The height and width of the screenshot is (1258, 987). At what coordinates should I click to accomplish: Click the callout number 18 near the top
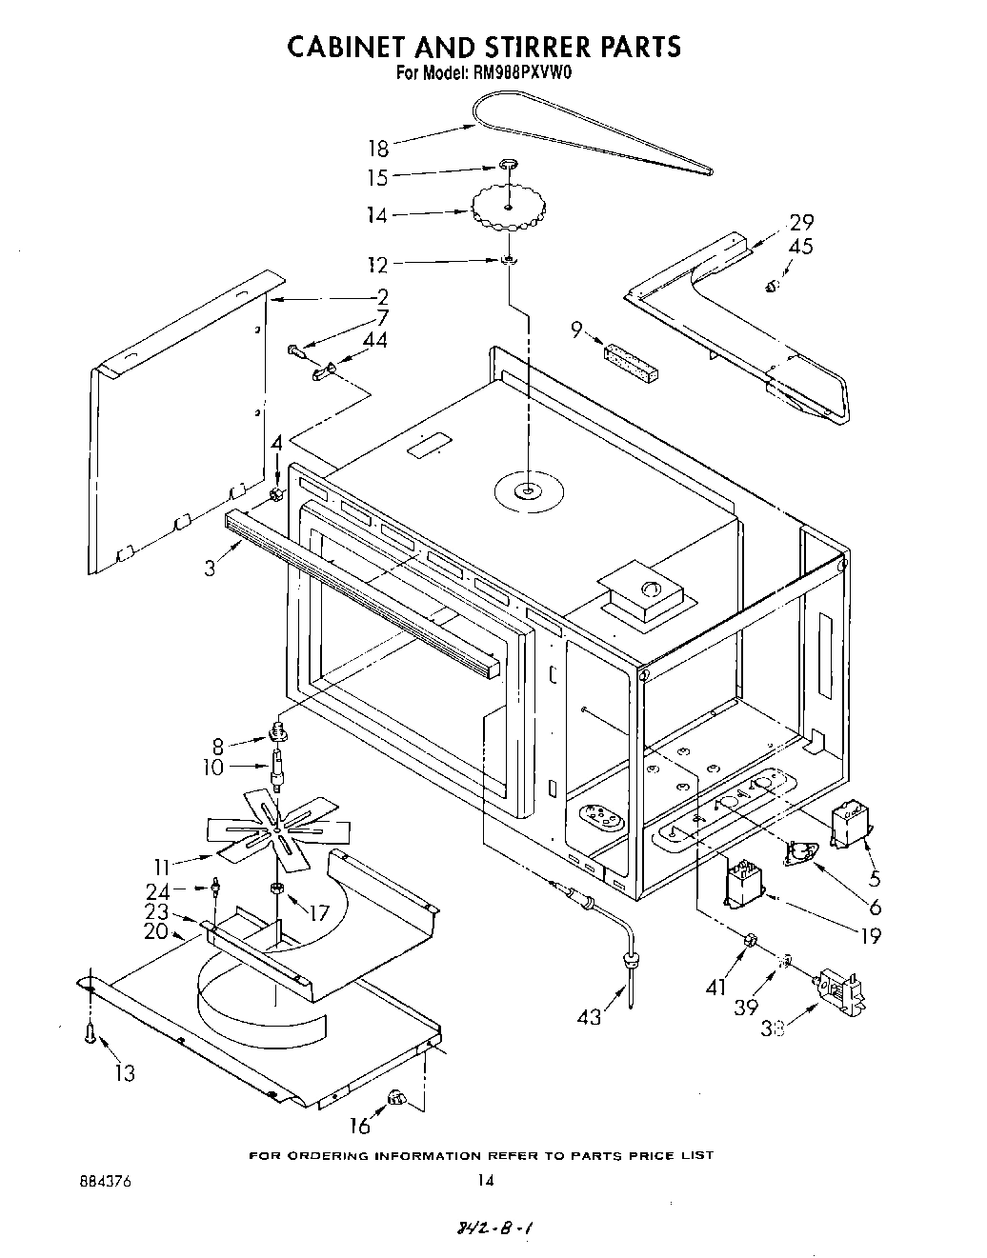point(378,149)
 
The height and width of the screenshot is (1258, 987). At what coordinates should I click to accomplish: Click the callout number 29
point(801,222)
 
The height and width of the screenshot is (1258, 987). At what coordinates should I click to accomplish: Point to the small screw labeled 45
point(774,285)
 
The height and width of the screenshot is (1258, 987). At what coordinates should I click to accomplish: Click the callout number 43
point(589,1017)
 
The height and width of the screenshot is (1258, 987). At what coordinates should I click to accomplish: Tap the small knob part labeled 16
point(396,1100)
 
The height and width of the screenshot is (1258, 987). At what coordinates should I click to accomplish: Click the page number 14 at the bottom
point(485,1181)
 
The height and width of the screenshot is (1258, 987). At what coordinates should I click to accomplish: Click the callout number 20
point(156,932)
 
